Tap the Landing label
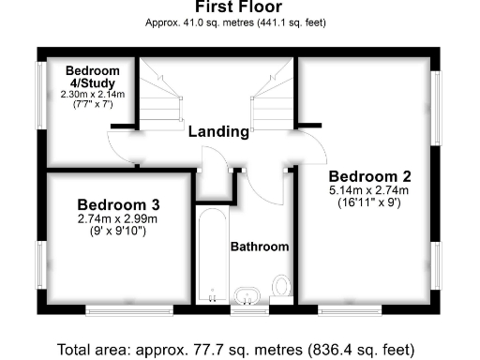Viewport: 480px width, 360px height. point(218,131)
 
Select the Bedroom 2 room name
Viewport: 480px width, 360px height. point(369,175)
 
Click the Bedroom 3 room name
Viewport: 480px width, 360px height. point(118,204)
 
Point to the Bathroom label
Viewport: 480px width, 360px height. point(260,247)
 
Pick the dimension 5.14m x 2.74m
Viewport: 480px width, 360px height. point(369,190)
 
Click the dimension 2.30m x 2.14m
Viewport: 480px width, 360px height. point(93,94)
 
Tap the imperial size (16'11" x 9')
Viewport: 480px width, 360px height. point(369,202)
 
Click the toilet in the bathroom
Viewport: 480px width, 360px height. point(281,286)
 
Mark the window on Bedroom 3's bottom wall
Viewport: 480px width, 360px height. point(128,309)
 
